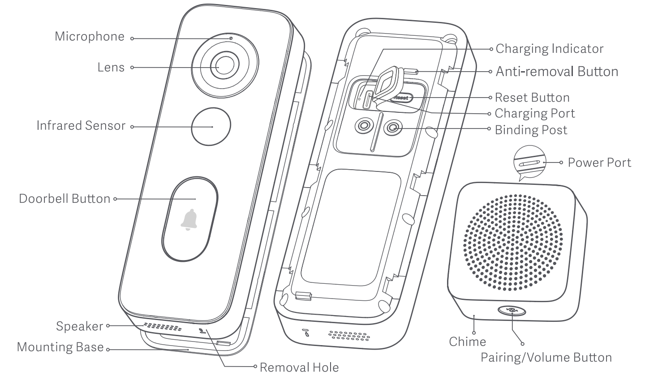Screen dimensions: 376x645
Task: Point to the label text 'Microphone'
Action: click(90, 37)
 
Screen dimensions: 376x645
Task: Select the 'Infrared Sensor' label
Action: click(81, 126)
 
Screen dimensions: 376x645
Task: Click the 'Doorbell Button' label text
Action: click(64, 198)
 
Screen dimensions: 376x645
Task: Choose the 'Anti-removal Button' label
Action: click(557, 71)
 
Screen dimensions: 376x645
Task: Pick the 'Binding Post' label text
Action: click(531, 130)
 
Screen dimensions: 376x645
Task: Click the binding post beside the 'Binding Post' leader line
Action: click(393, 128)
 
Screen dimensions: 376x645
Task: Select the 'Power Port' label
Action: click(599, 162)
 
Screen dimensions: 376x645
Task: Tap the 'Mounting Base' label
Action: click(60, 347)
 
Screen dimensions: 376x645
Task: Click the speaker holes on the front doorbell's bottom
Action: click(159, 326)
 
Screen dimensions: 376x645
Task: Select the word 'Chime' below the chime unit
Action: click(467, 342)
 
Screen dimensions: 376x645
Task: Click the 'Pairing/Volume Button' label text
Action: click(546, 357)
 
